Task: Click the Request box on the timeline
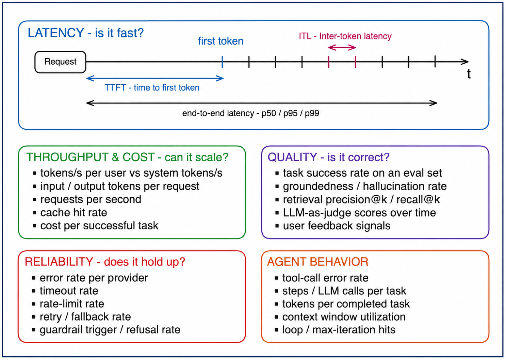pos(60,62)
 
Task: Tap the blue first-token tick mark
pos(222,62)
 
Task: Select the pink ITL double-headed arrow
pos(342,47)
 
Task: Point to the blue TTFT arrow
pos(155,78)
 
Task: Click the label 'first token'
pos(221,41)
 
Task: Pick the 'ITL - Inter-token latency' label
pos(345,36)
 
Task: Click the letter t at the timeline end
pos(469,74)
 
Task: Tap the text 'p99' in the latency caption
pos(312,113)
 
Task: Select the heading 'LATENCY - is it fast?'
pos(86,33)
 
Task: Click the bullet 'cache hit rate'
pos(74,213)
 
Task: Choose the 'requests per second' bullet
pos(91,199)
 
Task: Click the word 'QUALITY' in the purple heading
pos(292,157)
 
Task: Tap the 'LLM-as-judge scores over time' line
pos(359,213)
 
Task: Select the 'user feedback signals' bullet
pos(337,226)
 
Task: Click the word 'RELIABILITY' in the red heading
pos(59,262)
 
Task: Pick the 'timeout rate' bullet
pos(69,291)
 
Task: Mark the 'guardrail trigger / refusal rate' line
pos(110,330)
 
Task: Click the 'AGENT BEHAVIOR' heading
pos(317,262)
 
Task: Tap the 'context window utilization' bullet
pos(344,317)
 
